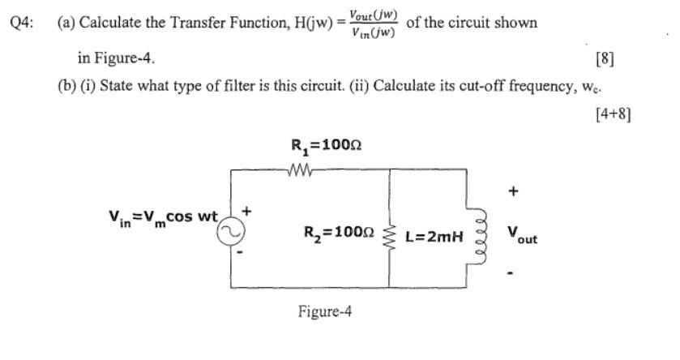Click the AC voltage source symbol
(x=229, y=230)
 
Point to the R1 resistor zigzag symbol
(x=299, y=169)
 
